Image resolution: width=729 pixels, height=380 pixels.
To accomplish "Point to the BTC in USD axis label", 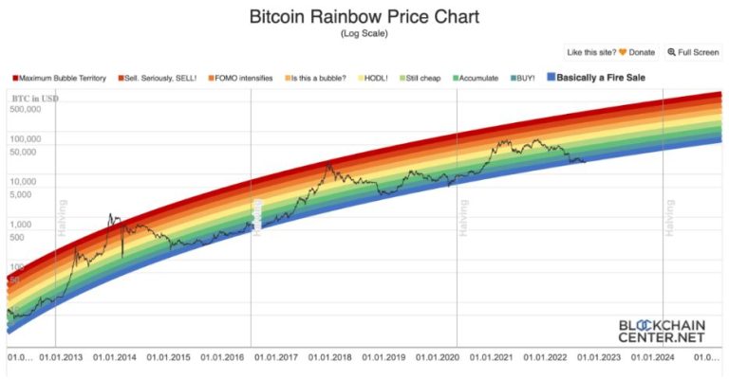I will tap(33, 99).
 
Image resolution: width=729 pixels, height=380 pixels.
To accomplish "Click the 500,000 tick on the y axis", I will tap(27, 109).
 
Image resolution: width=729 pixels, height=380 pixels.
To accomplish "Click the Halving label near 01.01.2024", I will tap(669, 217).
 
